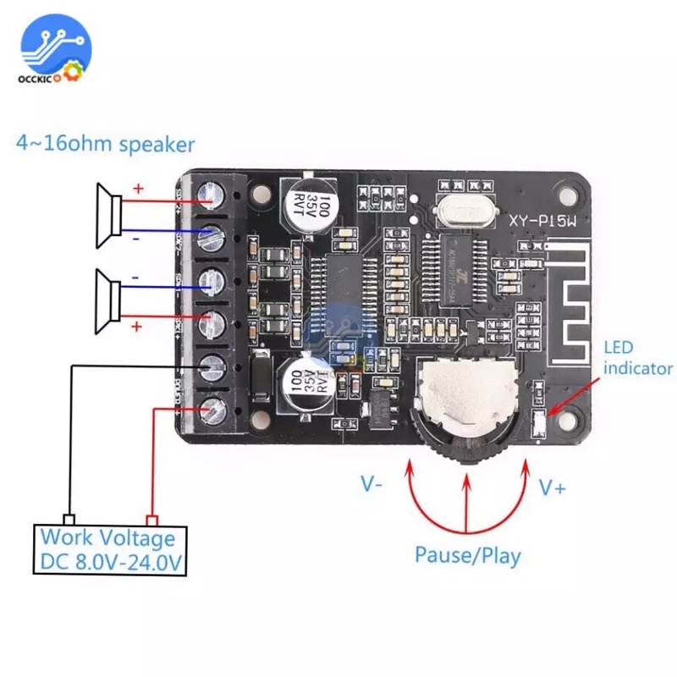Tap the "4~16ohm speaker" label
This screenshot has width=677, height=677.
point(105,144)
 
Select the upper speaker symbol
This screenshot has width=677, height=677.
point(107,217)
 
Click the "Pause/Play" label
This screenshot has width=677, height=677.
point(467,556)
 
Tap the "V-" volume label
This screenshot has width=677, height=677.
point(373,485)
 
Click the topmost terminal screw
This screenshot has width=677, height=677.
point(208,198)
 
